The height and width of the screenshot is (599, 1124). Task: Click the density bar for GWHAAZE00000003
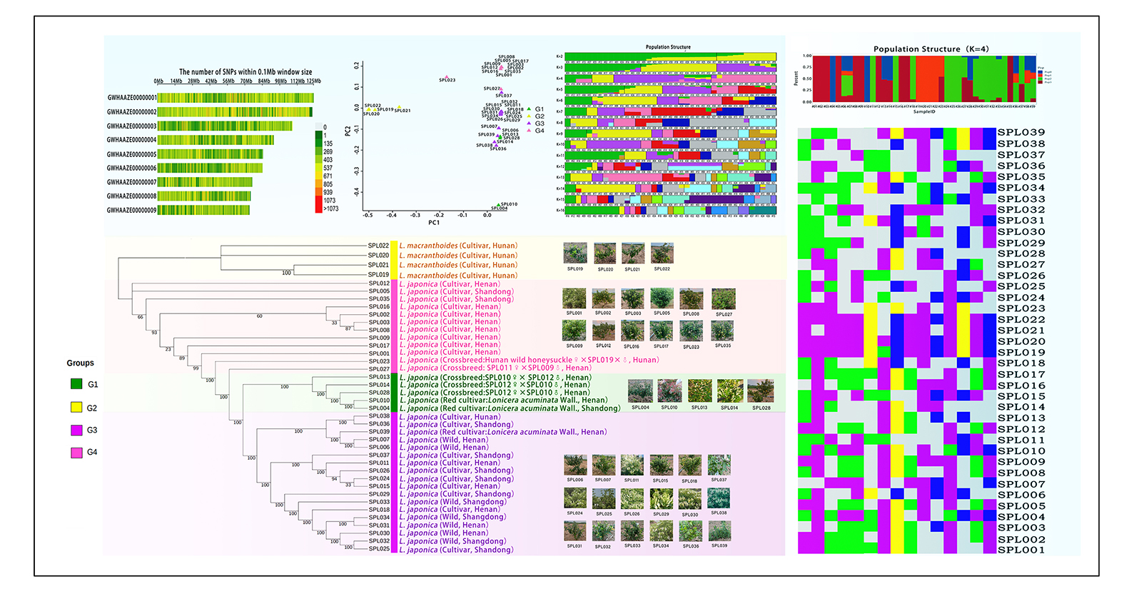[x=225, y=126]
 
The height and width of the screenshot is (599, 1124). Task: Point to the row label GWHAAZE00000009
[x=131, y=211]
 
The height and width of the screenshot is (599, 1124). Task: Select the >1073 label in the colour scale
[x=331, y=209]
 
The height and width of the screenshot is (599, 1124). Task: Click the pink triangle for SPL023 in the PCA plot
[x=447, y=76]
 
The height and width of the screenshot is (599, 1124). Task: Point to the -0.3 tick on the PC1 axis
[x=415, y=215]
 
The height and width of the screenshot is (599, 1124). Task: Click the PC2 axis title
[x=348, y=131]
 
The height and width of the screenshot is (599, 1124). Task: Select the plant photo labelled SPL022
[x=662, y=253]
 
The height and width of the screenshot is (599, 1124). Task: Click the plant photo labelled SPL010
[x=669, y=391]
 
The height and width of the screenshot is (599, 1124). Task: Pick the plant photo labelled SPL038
[x=719, y=498]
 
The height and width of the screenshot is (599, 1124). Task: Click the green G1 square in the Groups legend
[x=76, y=384]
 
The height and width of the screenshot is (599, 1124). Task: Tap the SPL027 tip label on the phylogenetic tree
[x=379, y=369]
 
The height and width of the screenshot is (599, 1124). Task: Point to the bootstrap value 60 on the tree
[x=259, y=316]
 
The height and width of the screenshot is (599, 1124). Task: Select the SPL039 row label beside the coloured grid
[x=1021, y=133]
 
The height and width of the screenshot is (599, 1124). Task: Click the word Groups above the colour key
[x=80, y=363]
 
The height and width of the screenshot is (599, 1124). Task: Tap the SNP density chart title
[x=245, y=72]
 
